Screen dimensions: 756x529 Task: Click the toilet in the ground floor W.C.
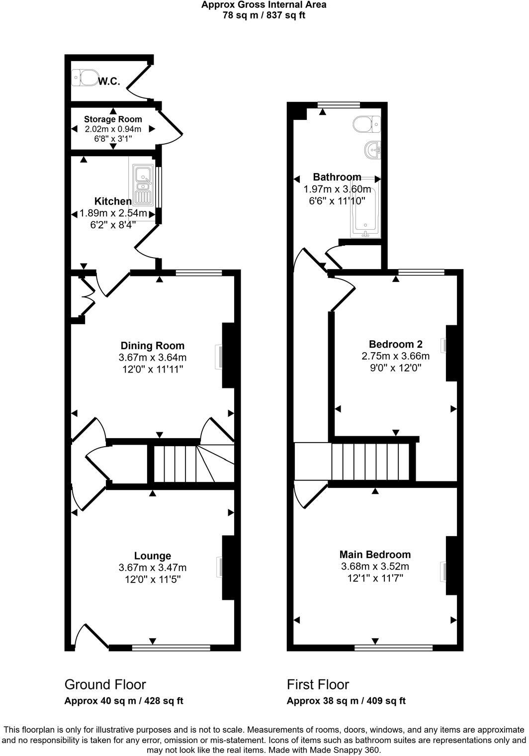(x=85, y=78)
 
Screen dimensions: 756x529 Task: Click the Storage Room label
(x=113, y=119)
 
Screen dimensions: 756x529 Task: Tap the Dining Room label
(x=152, y=346)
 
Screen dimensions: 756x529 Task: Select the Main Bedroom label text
(x=375, y=555)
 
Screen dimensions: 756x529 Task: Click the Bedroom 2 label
(x=395, y=344)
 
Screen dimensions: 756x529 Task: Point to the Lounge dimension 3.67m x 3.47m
(x=152, y=567)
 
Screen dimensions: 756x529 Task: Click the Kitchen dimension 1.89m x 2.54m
(x=113, y=213)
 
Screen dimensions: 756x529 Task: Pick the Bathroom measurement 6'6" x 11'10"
(x=337, y=201)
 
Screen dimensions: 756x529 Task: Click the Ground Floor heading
(x=105, y=684)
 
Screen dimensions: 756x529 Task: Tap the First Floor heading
(x=318, y=684)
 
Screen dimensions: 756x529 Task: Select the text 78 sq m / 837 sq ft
(x=264, y=15)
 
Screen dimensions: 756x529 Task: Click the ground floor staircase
(x=189, y=464)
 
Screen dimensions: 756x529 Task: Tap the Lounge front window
(x=171, y=648)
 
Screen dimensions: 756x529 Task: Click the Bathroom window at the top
(x=339, y=104)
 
